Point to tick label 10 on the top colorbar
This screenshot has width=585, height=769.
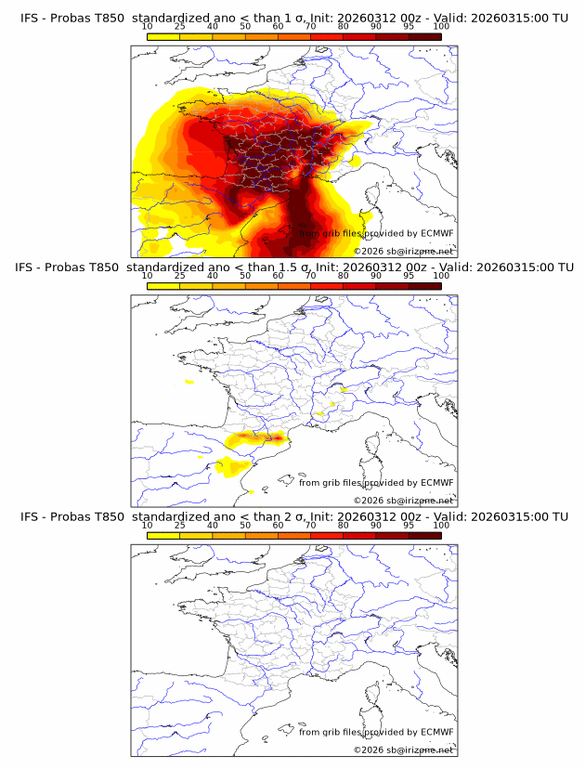[147, 27]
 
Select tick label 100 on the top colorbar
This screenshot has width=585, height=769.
[441, 27]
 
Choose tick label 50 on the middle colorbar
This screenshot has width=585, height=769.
[245, 276]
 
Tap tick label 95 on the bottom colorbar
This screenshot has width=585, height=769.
[409, 526]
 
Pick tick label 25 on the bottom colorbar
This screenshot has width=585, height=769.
[179, 526]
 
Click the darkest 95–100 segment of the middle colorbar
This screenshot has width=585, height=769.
[424, 286]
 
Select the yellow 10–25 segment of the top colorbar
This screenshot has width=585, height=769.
[163, 36]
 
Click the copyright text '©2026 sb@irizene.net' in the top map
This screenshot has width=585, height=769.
[403, 251]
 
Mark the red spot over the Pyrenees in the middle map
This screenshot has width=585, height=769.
[276, 436]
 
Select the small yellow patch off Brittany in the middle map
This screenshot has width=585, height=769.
[189, 382]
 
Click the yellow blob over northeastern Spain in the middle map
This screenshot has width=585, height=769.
[232, 467]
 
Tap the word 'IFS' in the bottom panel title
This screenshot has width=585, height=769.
[31, 516]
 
